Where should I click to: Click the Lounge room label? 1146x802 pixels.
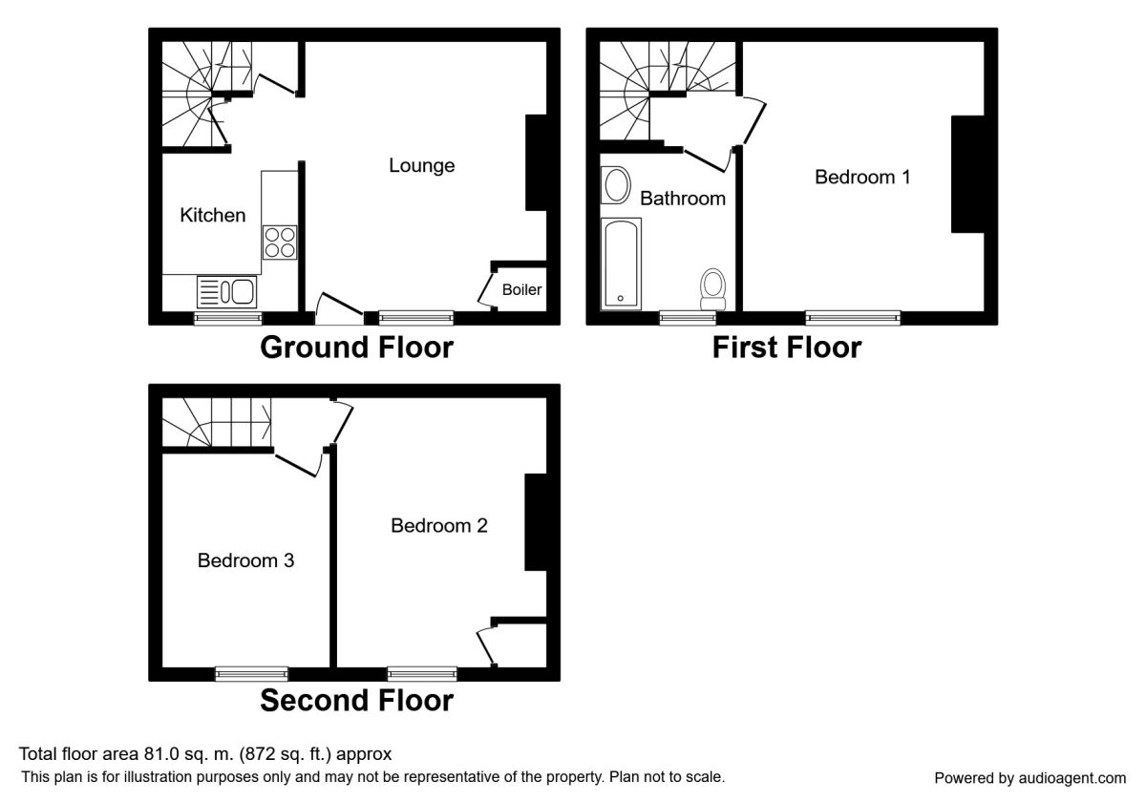(421, 166)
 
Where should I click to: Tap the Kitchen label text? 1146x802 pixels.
(213, 216)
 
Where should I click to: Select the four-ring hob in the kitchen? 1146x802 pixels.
(280, 242)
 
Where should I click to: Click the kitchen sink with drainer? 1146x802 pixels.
(226, 291)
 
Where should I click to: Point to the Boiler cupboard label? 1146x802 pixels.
(521, 289)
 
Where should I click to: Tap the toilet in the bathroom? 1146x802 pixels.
(712, 289)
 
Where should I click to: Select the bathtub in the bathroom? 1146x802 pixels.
(621, 264)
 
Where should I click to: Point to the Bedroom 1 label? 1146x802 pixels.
(862, 177)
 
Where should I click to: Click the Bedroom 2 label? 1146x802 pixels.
(439, 525)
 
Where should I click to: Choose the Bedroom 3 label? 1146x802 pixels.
(245, 560)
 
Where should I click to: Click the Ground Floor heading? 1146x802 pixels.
(356, 348)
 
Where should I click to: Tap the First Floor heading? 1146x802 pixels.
(787, 348)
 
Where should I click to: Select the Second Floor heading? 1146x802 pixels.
(356, 700)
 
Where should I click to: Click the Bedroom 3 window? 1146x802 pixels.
(252, 674)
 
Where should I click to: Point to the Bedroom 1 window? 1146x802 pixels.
(853, 318)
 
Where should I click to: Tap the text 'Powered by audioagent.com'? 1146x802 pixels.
(1029, 778)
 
